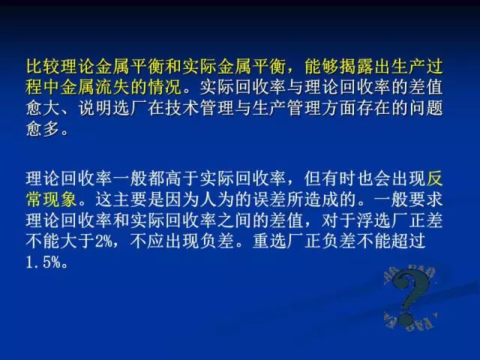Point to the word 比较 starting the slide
click(x=43, y=67)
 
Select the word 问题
click(x=426, y=108)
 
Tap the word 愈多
click(x=43, y=129)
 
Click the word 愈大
click(x=43, y=108)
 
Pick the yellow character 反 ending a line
click(x=434, y=178)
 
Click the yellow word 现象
click(x=60, y=199)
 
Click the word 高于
click(x=182, y=178)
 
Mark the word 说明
click(x=95, y=108)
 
